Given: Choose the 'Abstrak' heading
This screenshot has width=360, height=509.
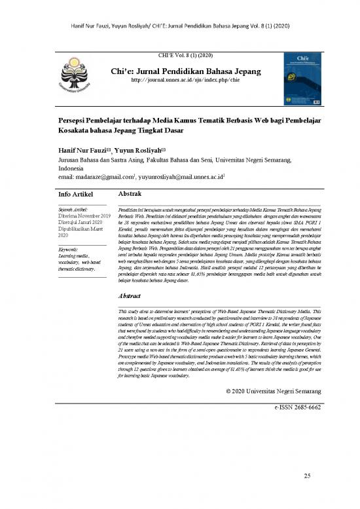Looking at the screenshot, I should [129, 195].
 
